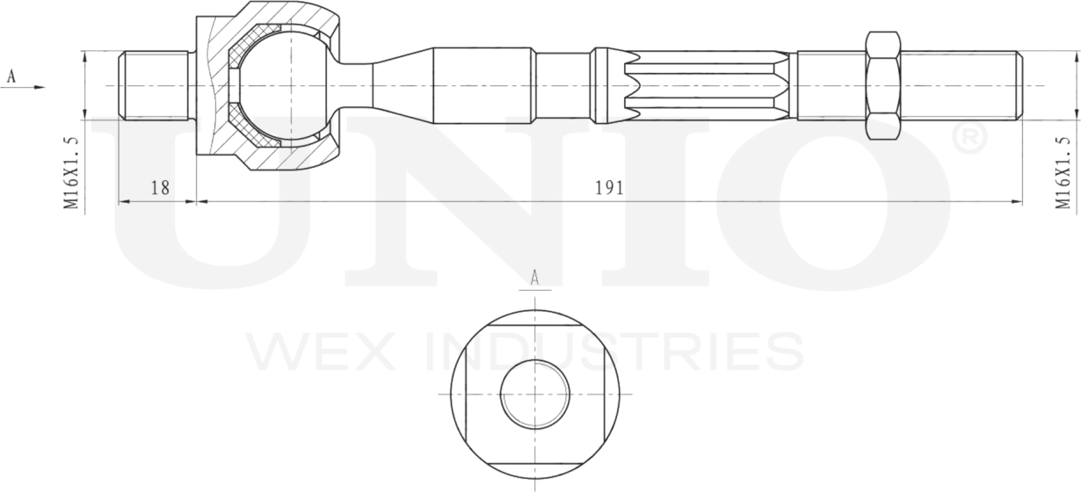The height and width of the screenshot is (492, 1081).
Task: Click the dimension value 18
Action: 159,188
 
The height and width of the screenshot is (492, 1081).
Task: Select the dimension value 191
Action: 609,188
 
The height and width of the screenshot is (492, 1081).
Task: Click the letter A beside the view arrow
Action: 11,76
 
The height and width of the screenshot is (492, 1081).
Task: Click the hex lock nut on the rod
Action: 882,86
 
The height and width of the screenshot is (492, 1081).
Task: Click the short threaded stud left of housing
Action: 154,86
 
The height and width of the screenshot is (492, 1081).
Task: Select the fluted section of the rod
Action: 703,86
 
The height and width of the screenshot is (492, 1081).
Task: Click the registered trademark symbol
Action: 968,138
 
